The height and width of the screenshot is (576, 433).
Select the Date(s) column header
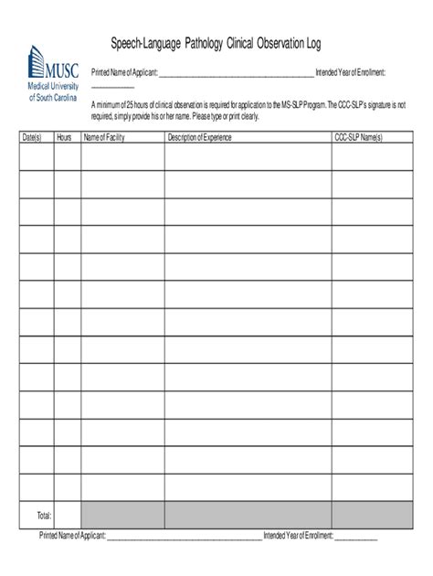[x=32, y=137]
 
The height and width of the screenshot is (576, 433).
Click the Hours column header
[x=64, y=137]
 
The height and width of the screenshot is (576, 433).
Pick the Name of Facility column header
[x=103, y=137]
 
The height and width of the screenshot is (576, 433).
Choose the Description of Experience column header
[x=199, y=137]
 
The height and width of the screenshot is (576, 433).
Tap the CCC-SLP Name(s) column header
[x=358, y=137]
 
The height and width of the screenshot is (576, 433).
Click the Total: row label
[x=43, y=515]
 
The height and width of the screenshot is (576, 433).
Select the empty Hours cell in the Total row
[x=68, y=515]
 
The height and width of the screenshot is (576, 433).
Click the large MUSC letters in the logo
[x=62, y=67]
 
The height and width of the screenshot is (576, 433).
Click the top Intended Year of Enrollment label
[x=356, y=71]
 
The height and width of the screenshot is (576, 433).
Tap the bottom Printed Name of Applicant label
[x=73, y=535]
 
